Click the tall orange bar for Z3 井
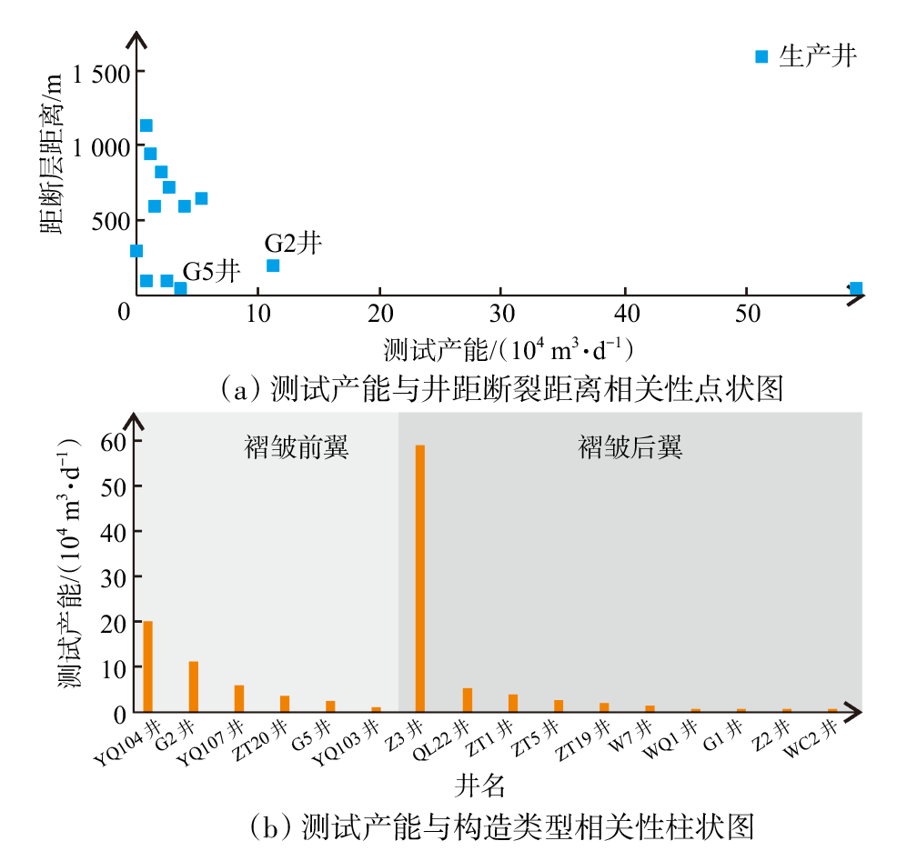(x=420, y=578)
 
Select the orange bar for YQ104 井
(x=147, y=666)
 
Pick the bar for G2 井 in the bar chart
(x=193, y=686)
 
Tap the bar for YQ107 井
(x=239, y=698)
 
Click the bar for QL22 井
(x=468, y=699)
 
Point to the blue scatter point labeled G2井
(x=272, y=265)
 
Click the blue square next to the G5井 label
(x=180, y=288)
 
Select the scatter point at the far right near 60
(x=856, y=288)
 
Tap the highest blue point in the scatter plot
(x=146, y=125)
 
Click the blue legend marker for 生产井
(x=761, y=56)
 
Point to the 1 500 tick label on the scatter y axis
(x=101, y=74)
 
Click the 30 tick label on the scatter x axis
(x=501, y=314)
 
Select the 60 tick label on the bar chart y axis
(x=114, y=442)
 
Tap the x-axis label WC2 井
(x=811, y=738)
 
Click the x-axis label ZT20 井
(x=259, y=741)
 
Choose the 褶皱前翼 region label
(x=297, y=447)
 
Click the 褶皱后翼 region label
(x=630, y=447)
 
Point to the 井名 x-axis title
(x=479, y=786)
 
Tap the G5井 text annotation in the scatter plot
(x=211, y=271)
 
